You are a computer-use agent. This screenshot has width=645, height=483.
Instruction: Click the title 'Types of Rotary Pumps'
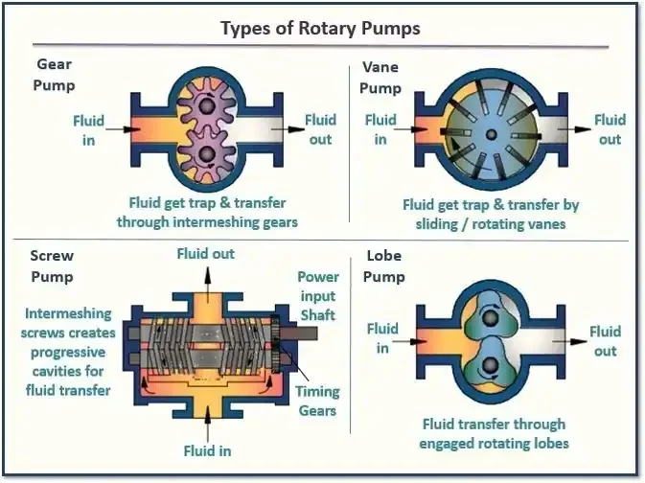click(320, 28)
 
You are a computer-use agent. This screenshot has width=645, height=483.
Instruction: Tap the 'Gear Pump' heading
click(55, 75)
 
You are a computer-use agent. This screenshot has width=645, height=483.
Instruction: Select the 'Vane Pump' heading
click(380, 75)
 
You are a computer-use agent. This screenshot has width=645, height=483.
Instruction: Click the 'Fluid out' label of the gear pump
click(320, 129)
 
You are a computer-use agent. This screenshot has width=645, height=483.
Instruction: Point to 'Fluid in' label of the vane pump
click(380, 129)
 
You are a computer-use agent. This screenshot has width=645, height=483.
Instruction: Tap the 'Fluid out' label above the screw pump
click(205, 254)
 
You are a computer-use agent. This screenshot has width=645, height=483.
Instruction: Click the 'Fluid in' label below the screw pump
click(207, 449)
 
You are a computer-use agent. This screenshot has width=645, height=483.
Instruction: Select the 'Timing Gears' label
click(316, 401)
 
